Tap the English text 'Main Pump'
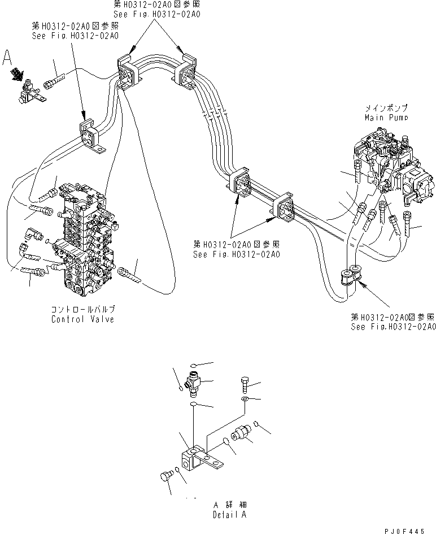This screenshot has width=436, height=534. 386,118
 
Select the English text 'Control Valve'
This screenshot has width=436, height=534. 82,319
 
